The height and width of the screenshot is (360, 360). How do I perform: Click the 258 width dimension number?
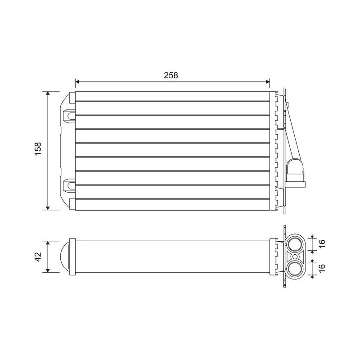pos(171,75)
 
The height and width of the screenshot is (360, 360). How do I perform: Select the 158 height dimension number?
pos(38,148)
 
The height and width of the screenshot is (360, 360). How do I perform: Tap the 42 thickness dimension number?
pos(38,256)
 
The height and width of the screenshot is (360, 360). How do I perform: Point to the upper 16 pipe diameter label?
pos(322,243)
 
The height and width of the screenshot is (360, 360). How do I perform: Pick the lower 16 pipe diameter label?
pos(322,268)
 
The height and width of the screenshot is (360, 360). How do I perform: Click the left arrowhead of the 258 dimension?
pos(77,81)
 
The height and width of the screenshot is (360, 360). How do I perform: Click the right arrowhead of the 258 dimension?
pos(268,81)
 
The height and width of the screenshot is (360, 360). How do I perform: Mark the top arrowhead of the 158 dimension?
pos(48,93)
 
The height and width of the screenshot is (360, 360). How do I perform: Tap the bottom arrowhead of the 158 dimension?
pos(48,208)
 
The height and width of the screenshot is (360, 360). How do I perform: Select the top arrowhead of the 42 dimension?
pos(48,243)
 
